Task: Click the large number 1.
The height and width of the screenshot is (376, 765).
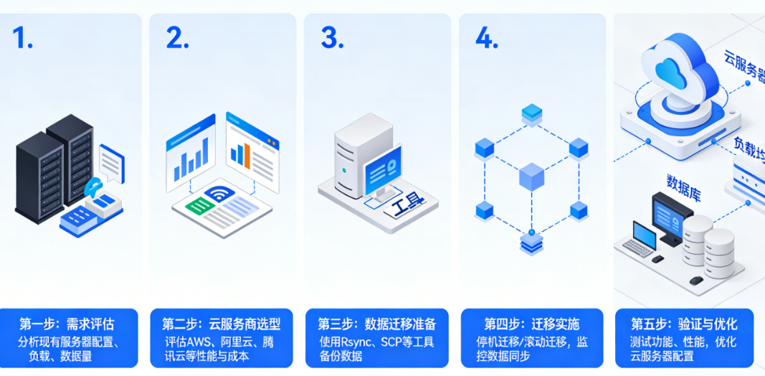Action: [23, 39]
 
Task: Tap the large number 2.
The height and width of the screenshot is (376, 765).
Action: [177, 39]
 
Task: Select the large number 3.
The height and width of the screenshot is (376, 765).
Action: [331, 39]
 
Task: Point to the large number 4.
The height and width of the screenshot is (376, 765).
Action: [486, 39]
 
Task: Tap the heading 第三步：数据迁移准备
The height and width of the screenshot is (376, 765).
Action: [376, 324]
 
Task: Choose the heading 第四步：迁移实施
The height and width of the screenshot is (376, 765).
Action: [531, 324]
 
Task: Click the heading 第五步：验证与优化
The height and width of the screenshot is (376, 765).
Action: [685, 324]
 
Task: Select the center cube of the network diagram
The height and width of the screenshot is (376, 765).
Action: [531, 176]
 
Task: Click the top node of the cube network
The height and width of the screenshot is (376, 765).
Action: [531, 113]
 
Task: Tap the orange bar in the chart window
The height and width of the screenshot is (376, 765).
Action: [246, 153]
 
